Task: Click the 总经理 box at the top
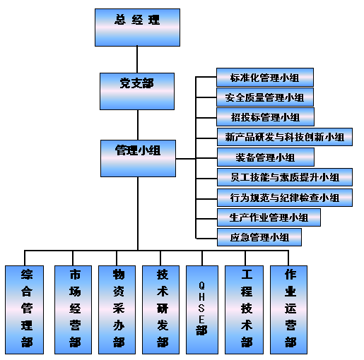point(137,28)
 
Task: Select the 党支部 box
point(137,91)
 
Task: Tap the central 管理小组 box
point(138,158)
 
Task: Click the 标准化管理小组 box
point(265,77)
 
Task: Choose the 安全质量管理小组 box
point(265,97)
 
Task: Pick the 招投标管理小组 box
point(265,117)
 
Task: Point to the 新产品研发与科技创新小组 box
point(285,137)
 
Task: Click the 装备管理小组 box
point(266,157)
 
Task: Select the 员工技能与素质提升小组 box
point(285,177)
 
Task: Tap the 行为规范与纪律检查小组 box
point(285,198)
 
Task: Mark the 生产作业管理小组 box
point(269,217)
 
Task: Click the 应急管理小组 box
point(259,237)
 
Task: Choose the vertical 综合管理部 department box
point(25,310)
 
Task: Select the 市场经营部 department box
point(73,310)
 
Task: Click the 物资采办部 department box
point(117,310)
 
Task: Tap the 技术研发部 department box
point(160,310)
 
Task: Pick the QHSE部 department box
point(202,310)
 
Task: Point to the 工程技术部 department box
point(244,310)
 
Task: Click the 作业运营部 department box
point(288,310)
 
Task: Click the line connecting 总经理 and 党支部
point(137,59)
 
